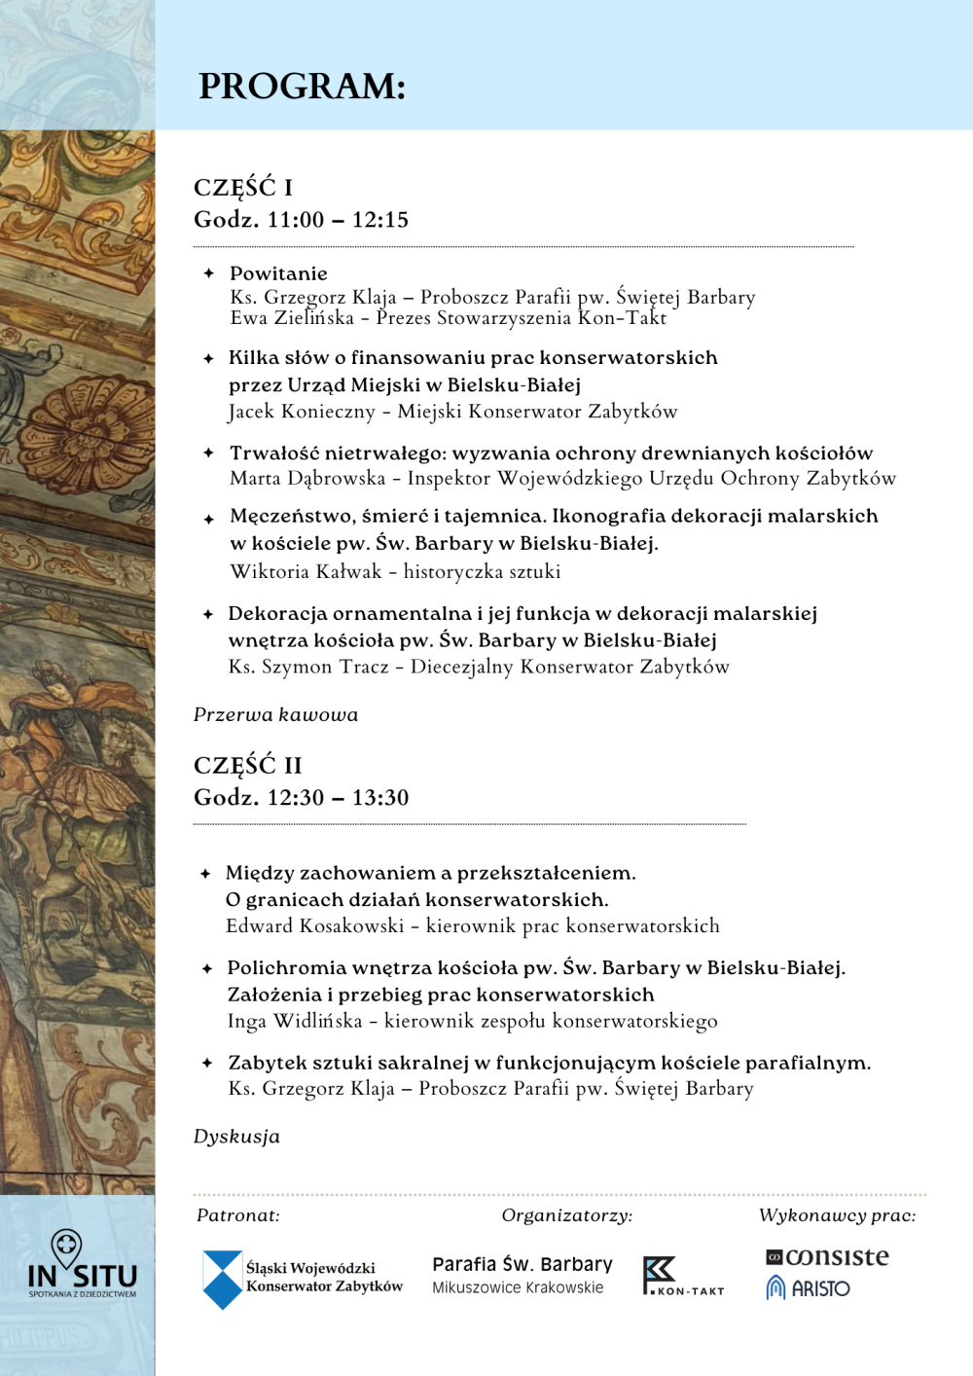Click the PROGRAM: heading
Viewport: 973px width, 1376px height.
pos(302,87)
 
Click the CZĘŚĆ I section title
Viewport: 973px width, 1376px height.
pos(243,187)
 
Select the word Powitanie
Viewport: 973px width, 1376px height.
pos(278,273)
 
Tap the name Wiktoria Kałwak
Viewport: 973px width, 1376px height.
pos(306,571)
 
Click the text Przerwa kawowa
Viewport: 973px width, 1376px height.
pos(275,714)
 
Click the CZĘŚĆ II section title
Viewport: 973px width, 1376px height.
pos(248,765)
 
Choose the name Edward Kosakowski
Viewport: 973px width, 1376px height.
pos(314,925)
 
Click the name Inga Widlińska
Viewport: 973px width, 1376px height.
pos(295,1021)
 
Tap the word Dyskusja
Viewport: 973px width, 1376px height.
pos(236,1137)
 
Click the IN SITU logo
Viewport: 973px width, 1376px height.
pos(82,1265)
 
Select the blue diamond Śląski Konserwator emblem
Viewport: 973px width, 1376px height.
pos(222,1279)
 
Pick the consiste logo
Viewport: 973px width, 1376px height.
pos(827,1257)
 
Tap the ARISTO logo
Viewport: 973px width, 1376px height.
pos(809,1288)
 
